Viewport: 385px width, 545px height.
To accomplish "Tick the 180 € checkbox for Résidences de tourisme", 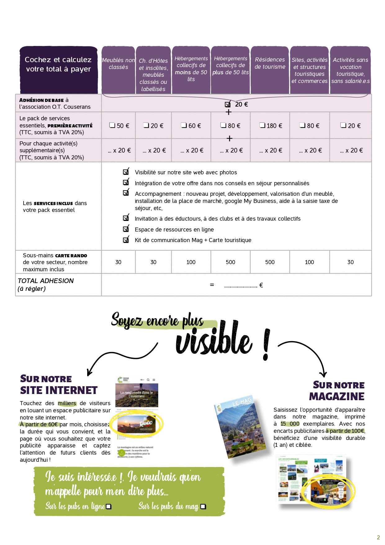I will (262, 125).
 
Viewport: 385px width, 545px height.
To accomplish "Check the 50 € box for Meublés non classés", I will (112, 125).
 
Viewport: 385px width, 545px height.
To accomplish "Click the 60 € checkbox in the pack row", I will (184, 125).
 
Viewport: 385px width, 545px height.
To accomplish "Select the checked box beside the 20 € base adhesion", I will (228, 104).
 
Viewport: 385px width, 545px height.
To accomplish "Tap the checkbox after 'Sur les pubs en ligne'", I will (109, 506).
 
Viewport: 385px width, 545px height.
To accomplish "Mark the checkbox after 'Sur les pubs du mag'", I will (203, 506).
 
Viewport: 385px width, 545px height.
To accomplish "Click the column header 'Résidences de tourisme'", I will (270, 63).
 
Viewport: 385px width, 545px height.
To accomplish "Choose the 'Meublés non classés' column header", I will (118, 63).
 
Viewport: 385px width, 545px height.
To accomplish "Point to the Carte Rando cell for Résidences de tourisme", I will (270, 262).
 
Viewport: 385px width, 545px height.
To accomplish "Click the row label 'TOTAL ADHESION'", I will (46, 281).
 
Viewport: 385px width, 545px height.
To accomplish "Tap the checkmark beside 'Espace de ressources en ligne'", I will (126, 229).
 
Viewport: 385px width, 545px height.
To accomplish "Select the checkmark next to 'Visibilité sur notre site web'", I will (126, 172).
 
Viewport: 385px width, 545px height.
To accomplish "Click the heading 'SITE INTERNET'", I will (59, 390).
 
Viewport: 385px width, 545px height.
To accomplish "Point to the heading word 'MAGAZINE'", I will (337, 396).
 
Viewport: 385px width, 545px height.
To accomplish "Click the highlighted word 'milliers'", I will (67, 403).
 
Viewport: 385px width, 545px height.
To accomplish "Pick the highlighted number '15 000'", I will (290, 424).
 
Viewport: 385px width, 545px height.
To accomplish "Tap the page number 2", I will (378, 537).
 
